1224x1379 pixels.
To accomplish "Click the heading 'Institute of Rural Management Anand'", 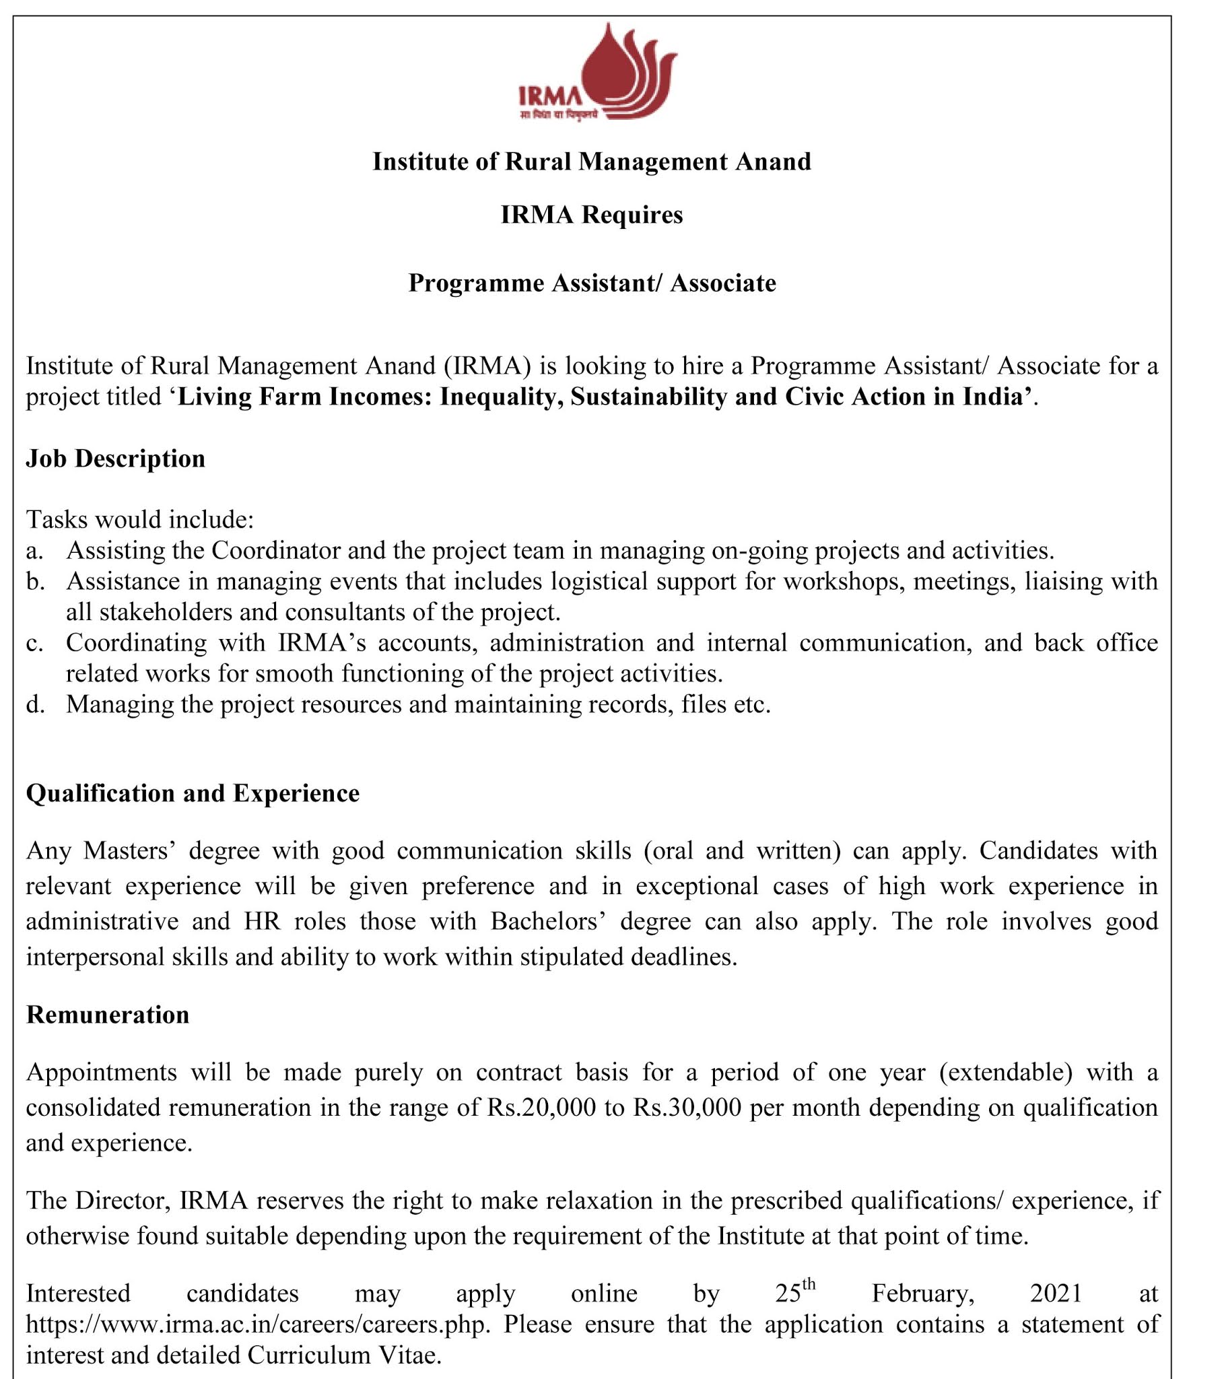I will click(592, 162).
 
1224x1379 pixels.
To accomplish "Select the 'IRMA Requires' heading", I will click(592, 215).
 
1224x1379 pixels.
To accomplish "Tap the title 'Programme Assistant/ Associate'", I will click(592, 283).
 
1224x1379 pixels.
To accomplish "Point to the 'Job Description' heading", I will click(115, 459).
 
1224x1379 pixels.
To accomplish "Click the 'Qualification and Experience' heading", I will click(193, 793).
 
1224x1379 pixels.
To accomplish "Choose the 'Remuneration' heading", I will click(107, 1015).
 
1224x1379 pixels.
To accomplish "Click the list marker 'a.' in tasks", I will click(34, 551).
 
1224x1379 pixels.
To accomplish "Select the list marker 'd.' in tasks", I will click(35, 705).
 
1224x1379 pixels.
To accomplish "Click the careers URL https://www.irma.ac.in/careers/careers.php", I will click(257, 1324).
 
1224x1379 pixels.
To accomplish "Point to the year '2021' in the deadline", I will click(1056, 1293).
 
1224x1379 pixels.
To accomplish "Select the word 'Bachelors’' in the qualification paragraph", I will click(548, 922).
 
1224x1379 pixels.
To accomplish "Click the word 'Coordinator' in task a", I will click(276, 551).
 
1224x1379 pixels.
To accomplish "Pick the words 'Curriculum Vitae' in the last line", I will click(344, 1355).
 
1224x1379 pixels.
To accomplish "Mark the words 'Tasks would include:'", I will click(139, 520).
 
